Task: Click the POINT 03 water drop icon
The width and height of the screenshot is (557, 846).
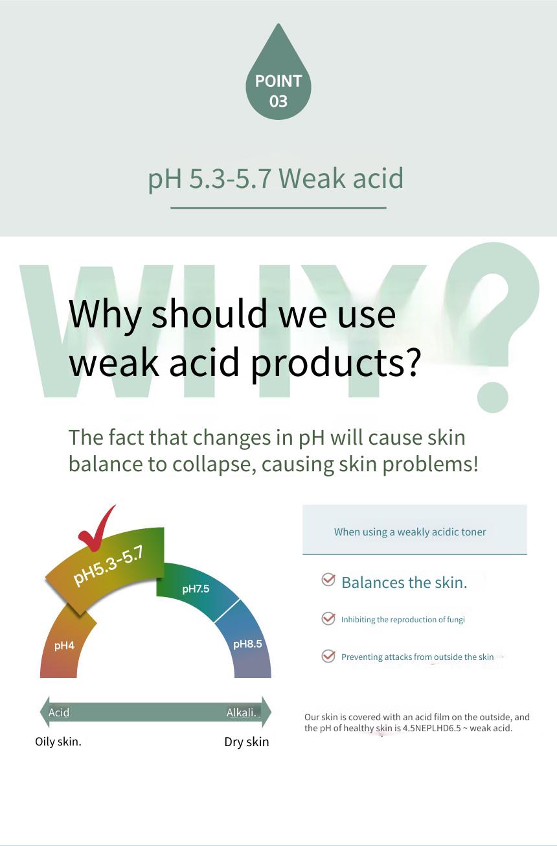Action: point(278,76)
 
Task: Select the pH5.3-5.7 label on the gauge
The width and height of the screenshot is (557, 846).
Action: point(108,567)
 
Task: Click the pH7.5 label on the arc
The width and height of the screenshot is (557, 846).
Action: point(196,589)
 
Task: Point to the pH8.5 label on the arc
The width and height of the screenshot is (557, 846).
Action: point(247,644)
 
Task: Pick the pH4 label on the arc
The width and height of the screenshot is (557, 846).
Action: point(64,646)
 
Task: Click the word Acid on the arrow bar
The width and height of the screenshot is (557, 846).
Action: point(59,712)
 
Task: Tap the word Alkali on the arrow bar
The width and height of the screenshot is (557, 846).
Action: point(242,712)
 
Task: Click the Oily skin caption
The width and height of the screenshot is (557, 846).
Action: point(58,742)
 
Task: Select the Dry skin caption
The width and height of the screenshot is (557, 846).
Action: point(246,742)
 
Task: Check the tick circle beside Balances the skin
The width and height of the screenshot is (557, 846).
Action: point(328,580)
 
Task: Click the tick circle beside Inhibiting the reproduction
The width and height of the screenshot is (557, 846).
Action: point(328,618)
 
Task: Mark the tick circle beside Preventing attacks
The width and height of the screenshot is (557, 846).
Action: point(328,656)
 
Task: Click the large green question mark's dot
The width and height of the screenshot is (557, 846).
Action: point(492,397)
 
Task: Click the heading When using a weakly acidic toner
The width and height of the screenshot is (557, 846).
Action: point(410,532)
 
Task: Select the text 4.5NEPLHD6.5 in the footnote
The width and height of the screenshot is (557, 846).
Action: point(432,728)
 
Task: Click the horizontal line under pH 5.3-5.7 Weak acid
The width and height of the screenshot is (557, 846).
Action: point(278,207)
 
